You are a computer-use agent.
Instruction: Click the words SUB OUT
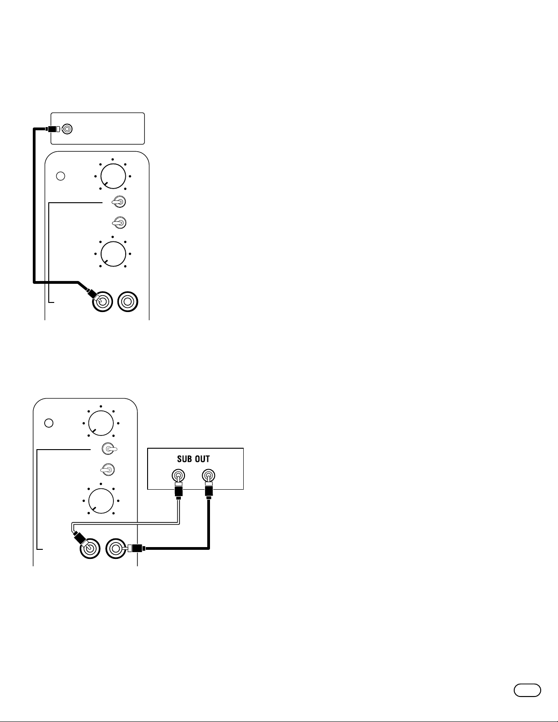193,459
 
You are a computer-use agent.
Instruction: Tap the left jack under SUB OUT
178,476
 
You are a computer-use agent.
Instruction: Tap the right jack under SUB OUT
208,476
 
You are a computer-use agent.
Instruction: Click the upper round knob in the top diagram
113,176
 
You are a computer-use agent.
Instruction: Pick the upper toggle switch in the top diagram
118,201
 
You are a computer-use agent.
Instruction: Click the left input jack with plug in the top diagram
102,302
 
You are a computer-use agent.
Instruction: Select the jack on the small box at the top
67,129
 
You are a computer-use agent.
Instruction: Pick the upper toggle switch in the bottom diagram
108,449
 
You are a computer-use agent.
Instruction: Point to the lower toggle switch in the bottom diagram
107,469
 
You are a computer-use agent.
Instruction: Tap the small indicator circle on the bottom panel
49,423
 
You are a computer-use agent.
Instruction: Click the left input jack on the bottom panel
90,548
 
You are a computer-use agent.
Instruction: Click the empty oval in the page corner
527,690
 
